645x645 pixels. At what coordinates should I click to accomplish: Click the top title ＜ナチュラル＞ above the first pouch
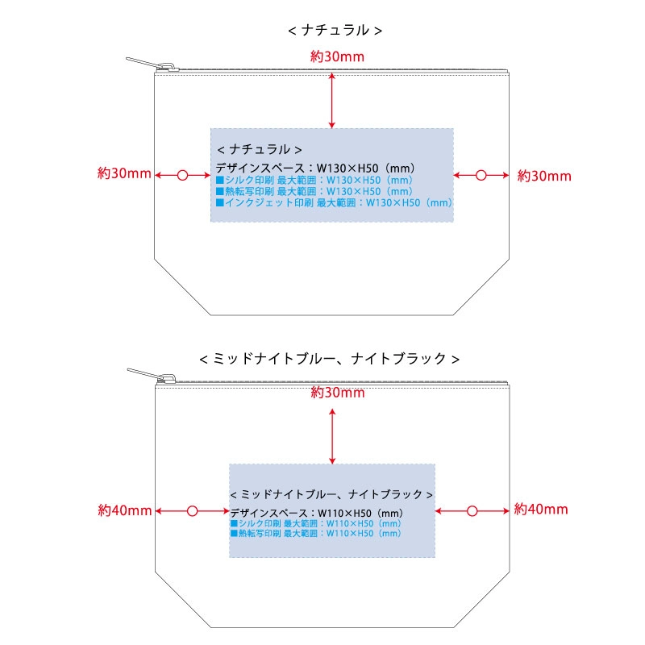(x=335, y=30)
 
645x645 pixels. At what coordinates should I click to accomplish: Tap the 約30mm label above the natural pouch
(x=337, y=56)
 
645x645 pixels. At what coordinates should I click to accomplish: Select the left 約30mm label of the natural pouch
(x=124, y=173)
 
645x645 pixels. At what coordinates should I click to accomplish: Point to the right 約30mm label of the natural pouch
(x=544, y=176)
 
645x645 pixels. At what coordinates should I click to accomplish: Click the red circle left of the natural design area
(x=182, y=175)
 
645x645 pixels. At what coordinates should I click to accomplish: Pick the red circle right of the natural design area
(x=481, y=175)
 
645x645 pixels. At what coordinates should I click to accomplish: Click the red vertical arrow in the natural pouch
(x=332, y=101)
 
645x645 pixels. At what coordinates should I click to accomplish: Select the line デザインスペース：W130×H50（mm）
(x=315, y=169)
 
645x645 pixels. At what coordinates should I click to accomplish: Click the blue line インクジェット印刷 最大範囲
(x=334, y=203)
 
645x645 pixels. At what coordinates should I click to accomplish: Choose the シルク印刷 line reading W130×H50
(x=314, y=180)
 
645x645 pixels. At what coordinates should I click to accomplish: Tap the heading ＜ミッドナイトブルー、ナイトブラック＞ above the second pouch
(x=329, y=359)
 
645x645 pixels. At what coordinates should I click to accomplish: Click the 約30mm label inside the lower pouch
(x=338, y=393)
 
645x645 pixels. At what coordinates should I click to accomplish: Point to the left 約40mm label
(x=125, y=510)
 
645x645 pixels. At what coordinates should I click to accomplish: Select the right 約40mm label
(x=541, y=510)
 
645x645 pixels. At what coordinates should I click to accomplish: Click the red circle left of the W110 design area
(x=192, y=511)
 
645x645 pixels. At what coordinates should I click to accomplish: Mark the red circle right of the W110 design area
(x=472, y=511)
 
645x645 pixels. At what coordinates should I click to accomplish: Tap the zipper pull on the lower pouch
(x=152, y=376)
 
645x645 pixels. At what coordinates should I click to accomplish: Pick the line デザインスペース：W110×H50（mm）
(x=317, y=514)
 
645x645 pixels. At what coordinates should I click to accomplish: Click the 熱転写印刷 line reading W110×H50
(x=315, y=534)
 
